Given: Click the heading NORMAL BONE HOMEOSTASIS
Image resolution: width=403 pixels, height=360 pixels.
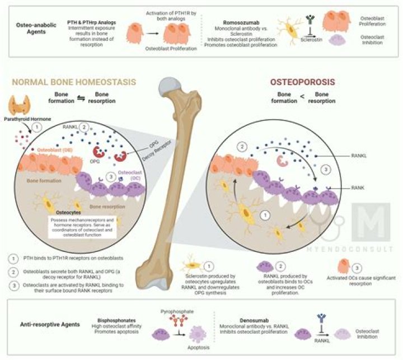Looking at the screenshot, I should pos(73,82).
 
